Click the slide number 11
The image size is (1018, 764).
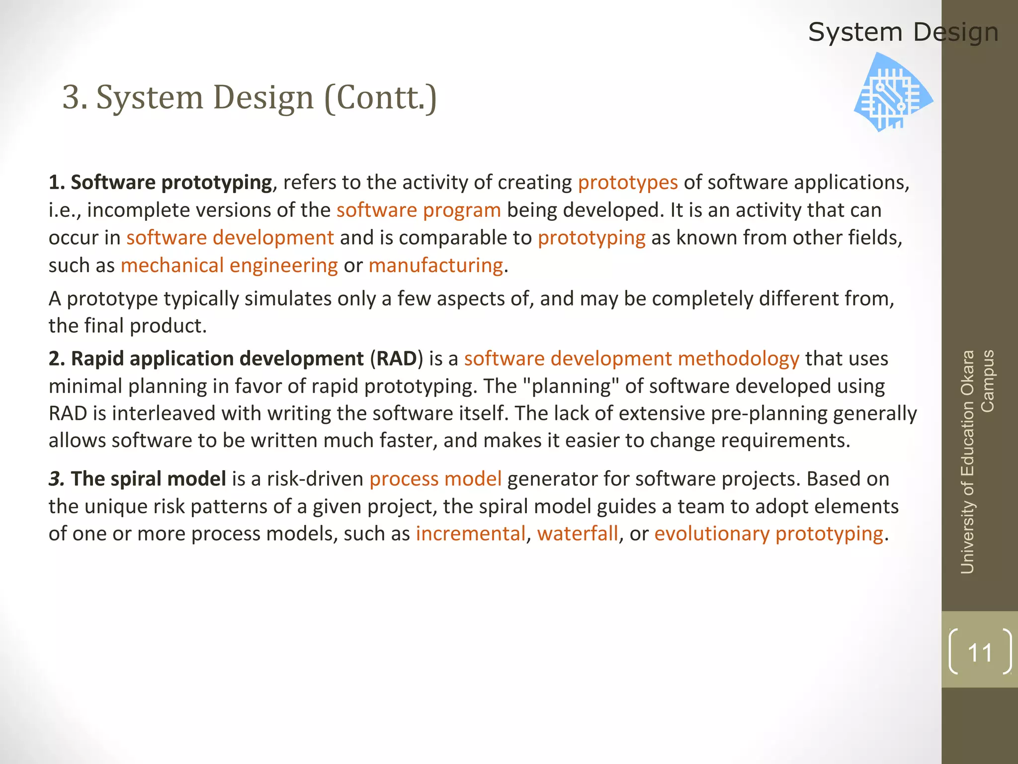coord(980,653)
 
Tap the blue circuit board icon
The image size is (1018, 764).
coord(893,93)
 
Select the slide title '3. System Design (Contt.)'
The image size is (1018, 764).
coord(250,97)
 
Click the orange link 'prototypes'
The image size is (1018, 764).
coord(627,183)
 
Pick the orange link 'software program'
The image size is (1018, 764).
coord(419,210)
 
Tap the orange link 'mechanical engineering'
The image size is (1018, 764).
coord(229,265)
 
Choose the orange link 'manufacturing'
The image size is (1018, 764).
coord(435,265)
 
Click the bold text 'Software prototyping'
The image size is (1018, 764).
coord(171,183)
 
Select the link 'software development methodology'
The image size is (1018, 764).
coord(631,359)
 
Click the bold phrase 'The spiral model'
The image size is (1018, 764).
coord(149,478)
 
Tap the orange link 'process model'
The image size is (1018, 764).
coord(435,478)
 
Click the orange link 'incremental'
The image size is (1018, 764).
coord(470,534)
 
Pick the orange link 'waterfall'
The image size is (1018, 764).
coord(578,534)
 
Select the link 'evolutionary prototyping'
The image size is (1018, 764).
coord(768,534)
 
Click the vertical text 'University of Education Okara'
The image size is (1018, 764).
coord(968,462)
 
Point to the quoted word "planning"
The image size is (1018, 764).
coord(572,386)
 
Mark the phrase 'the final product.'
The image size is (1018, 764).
coord(127,326)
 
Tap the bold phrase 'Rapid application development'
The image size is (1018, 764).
coord(217,359)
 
